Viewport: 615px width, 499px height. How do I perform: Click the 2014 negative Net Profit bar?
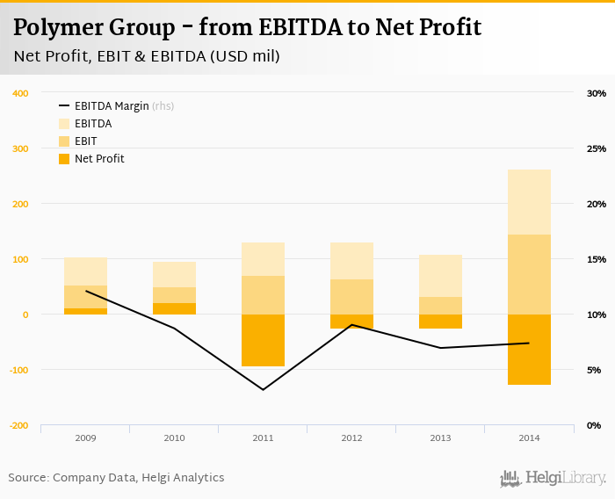click(x=529, y=349)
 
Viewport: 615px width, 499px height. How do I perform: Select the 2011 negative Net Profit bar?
click(x=263, y=340)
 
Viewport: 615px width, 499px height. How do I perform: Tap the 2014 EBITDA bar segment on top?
click(x=529, y=202)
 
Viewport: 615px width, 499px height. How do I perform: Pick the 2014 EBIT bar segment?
click(x=529, y=274)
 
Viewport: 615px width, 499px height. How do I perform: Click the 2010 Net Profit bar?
click(x=174, y=308)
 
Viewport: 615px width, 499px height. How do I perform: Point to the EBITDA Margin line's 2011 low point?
click(x=263, y=389)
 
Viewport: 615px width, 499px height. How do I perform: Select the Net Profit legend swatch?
click(x=64, y=159)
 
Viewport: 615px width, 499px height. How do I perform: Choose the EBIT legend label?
click(x=86, y=141)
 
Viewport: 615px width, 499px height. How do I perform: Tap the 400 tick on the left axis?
click(x=19, y=93)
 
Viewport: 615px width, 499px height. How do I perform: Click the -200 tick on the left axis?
click(x=18, y=425)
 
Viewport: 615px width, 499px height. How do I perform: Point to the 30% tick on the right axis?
click(x=597, y=93)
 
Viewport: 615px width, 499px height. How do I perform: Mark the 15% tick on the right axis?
click(x=597, y=259)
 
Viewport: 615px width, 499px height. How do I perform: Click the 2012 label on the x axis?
click(x=351, y=437)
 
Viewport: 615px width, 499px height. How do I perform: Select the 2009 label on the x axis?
click(x=85, y=437)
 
